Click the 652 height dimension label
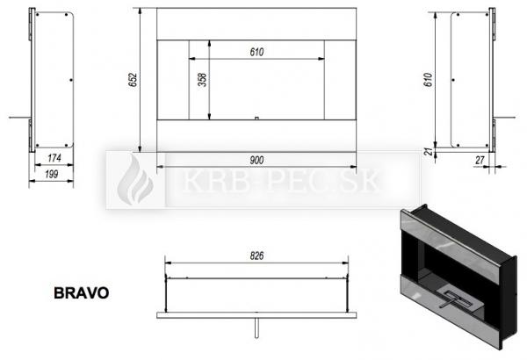coord(134,80)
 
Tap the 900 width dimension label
coord(256,160)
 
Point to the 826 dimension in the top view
coord(256,256)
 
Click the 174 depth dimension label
coord(54,158)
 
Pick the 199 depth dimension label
coord(51,174)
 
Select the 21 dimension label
coord(429,152)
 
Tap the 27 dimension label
coord(480,161)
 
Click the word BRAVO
coord(82,293)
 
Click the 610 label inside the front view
coord(256,52)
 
